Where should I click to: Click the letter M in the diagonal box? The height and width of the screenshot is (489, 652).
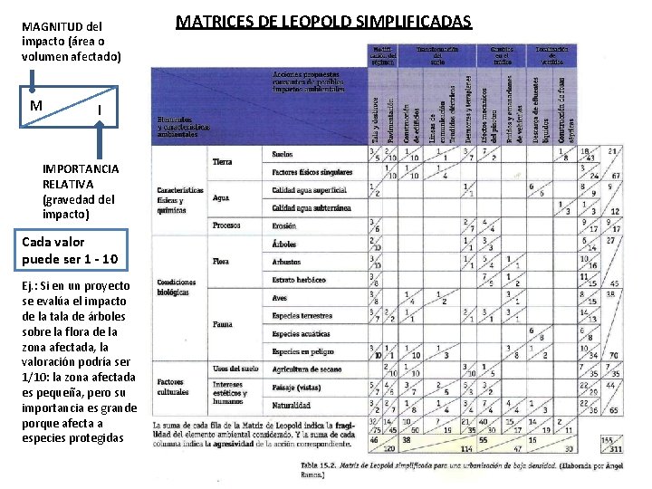36,104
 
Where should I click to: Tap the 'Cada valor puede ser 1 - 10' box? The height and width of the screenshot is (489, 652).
72,251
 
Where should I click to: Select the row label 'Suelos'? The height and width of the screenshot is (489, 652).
283,155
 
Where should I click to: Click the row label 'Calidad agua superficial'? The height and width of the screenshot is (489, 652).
309,190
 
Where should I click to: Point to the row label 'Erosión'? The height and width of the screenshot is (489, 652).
283,225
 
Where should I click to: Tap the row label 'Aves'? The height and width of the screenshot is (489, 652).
279,298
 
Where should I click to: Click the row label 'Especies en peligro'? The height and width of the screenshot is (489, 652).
298,351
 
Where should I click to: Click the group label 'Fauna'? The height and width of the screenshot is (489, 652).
223,324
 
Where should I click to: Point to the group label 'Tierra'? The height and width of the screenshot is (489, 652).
223,162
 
